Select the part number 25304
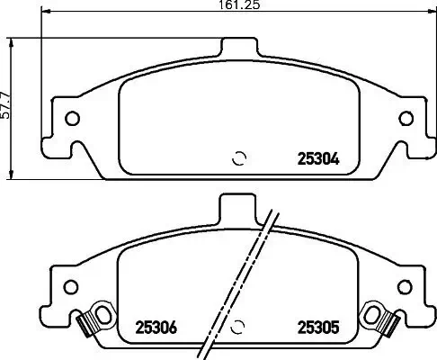pos(317,162)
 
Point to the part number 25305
pos(317,328)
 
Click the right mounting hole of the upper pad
pos(406,116)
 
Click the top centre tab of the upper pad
pos(239,48)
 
